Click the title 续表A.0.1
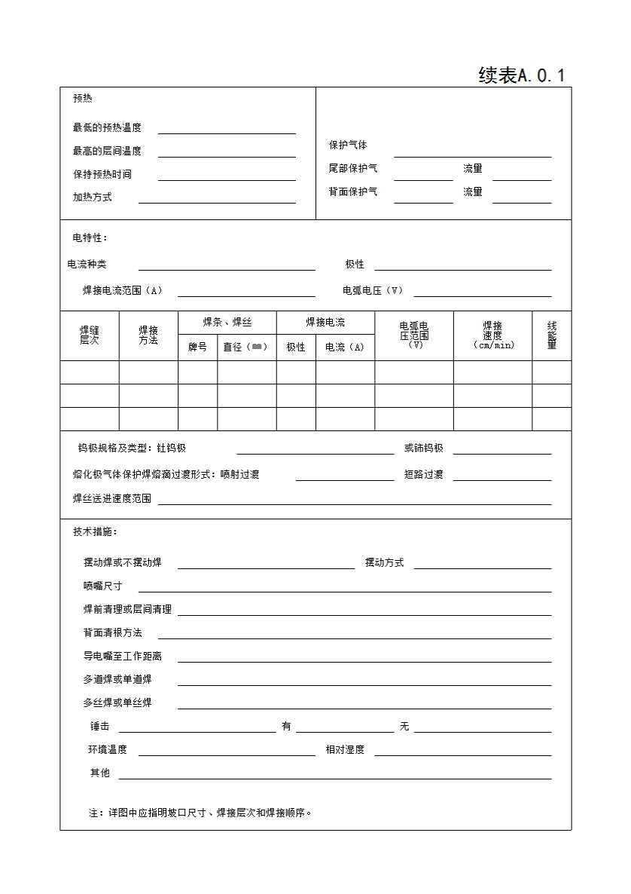tap(521, 75)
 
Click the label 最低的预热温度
tap(107, 128)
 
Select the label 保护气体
tap(348, 145)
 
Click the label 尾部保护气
tap(353, 168)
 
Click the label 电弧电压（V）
tap(373, 290)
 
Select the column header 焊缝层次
tap(90, 335)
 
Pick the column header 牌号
tap(197, 347)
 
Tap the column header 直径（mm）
tap(246, 347)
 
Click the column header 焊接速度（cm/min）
tap(492, 335)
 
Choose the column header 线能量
tap(551, 335)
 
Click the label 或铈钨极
tap(423, 448)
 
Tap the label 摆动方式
tap(384, 562)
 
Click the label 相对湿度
tap(345, 749)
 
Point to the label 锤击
tap(99, 726)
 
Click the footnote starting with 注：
tap(200, 813)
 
